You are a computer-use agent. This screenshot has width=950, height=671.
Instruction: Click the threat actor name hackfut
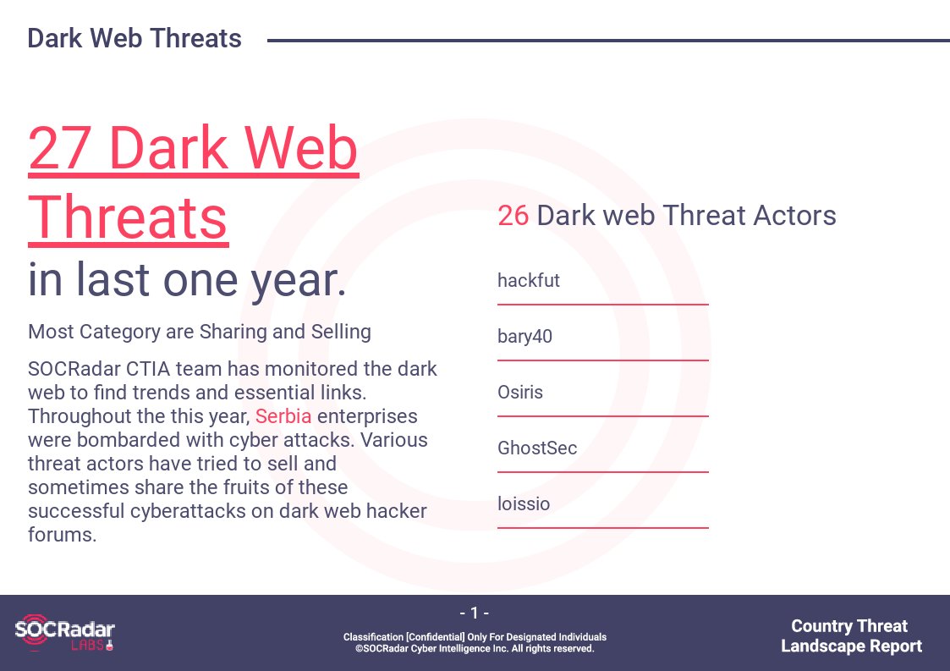click(x=529, y=280)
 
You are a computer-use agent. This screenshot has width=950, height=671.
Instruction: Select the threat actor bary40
click(x=524, y=336)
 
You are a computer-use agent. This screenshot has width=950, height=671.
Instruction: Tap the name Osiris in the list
click(x=519, y=392)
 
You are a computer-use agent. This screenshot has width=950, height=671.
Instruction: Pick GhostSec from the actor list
click(x=537, y=448)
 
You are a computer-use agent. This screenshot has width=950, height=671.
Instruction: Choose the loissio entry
click(x=524, y=503)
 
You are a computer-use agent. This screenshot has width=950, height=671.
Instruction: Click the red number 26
click(x=513, y=215)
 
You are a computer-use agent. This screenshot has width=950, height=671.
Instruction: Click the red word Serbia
click(x=283, y=416)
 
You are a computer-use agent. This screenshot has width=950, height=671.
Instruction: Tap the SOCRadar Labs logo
click(x=64, y=633)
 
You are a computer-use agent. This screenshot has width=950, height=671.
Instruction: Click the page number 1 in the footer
click(x=475, y=613)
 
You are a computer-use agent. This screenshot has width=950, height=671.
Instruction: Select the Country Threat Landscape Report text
click(x=851, y=635)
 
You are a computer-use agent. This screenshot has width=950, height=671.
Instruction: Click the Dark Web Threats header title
click(x=135, y=38)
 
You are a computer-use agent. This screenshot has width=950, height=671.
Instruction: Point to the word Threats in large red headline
click(x=128, y=217)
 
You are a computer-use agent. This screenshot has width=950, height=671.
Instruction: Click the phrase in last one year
click(x=187, y=279)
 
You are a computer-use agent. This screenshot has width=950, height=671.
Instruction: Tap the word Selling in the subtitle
click(x=341, y=333)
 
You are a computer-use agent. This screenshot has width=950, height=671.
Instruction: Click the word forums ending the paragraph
click(x=61, y=535)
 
